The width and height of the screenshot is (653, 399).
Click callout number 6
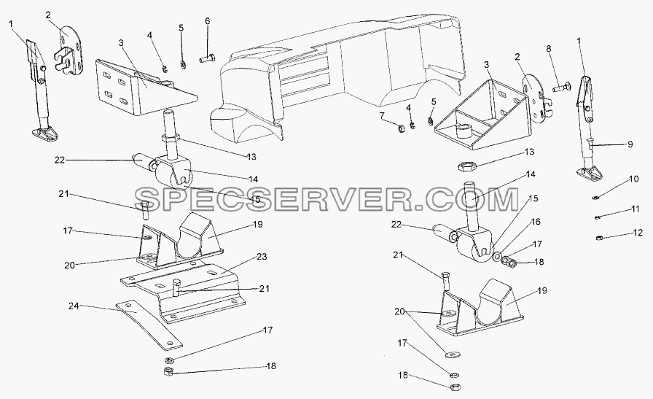click(x=207, y=21)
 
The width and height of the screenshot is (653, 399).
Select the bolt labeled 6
click(x=207, y=59)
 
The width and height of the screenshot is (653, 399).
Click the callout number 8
click(x=549, y=49)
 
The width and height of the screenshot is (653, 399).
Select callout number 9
click(x=630, y=144)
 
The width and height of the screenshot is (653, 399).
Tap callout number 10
click(x=633, y=179)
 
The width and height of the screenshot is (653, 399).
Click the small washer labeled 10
click(x=596, y=197)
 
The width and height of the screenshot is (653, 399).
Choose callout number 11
click(x=635, y=209)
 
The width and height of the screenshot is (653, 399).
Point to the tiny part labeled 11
click(x=597, y=217)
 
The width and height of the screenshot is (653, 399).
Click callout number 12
click(x=638, y=233)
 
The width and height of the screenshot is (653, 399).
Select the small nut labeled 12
click(x=599, y=238)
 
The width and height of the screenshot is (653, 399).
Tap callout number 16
click(x=536, y=222)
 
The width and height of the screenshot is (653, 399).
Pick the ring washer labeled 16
click(x=497, y=255)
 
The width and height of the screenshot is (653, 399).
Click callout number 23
click(x=262, y=257)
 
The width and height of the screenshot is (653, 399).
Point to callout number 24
click(x=74, y=306)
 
